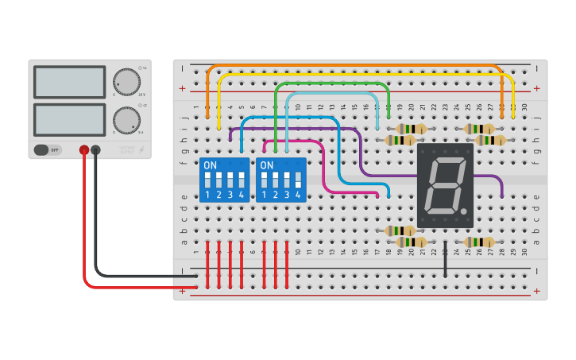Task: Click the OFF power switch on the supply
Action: click(48, 149)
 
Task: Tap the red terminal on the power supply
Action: click(83, 149)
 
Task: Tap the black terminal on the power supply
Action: click(95, 149)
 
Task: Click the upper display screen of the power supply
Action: click(69, 82)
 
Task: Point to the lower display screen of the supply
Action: click(69, 120)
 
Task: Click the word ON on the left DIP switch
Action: click(210, 165)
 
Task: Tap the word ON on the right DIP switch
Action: click(267, 165)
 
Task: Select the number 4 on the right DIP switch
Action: click(298, 195)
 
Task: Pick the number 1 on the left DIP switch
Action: click(207, 195)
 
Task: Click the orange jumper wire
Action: click(358, 65)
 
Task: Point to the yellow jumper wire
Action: click(365, 74)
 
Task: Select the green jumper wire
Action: click(334, 83)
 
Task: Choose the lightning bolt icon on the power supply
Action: click(142, 149)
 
